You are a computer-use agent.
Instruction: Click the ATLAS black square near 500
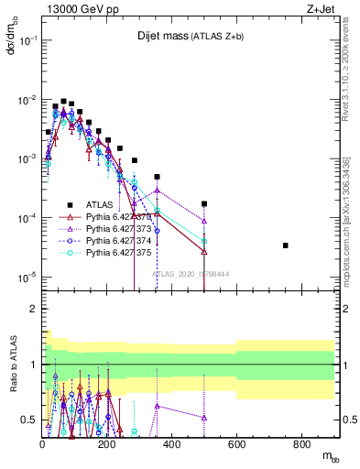(204, 203)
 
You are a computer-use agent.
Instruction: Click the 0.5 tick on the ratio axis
(28, 420)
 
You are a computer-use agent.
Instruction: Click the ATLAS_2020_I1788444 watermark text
(190, 273)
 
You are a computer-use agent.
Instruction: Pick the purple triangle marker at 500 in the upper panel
(204, 221)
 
